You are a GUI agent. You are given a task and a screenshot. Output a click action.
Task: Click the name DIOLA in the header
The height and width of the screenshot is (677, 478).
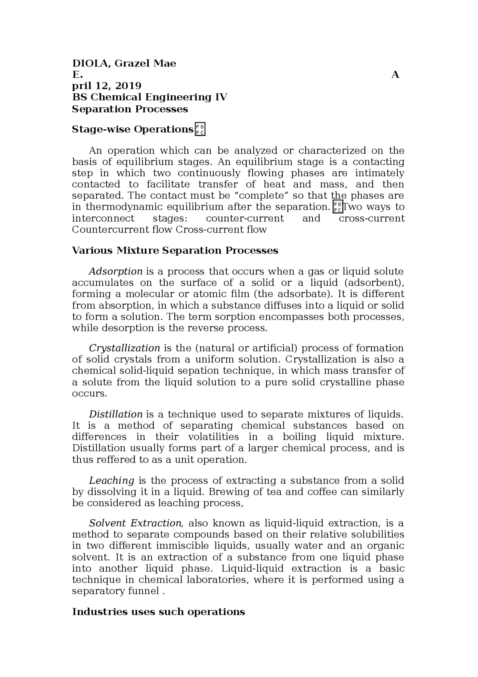[91, 63]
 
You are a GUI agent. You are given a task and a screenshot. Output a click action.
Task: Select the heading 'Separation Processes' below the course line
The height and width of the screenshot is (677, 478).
[130, 109]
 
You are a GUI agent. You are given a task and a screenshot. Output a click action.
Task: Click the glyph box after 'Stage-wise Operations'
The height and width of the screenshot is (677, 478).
[200, 129]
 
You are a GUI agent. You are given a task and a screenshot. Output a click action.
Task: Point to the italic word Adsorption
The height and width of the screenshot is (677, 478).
[116, 271]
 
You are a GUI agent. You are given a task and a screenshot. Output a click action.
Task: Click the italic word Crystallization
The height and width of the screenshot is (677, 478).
[124, 348]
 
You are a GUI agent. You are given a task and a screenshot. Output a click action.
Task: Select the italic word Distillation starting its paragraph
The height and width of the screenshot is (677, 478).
[116, 414]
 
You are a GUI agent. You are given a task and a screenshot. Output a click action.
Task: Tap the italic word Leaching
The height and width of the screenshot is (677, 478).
[111, 480]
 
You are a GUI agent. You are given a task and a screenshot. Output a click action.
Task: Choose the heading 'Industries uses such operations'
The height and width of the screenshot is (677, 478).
[158, 612]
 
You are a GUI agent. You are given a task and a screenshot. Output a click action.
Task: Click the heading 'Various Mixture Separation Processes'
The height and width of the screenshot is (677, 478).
[175, 250]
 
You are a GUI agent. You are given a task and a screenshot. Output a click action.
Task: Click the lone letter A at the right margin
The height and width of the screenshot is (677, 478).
[395, 75]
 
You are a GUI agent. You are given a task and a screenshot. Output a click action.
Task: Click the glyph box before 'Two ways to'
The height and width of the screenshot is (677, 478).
[338, 207]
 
